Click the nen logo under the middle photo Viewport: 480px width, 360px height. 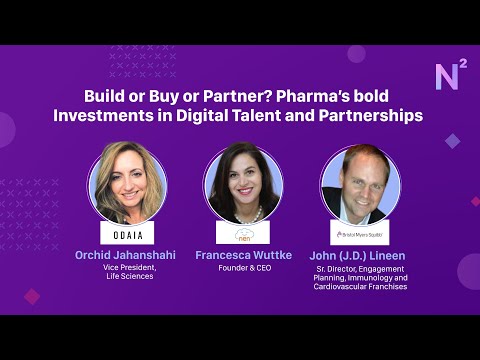point(243,236)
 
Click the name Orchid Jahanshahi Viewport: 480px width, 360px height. point(125,255)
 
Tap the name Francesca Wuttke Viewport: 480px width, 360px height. point(243,255)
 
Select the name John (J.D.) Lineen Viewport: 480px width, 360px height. point(360,255)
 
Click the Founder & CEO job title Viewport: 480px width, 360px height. point(243,268)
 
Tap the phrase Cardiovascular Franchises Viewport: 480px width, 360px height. point(360,287)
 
